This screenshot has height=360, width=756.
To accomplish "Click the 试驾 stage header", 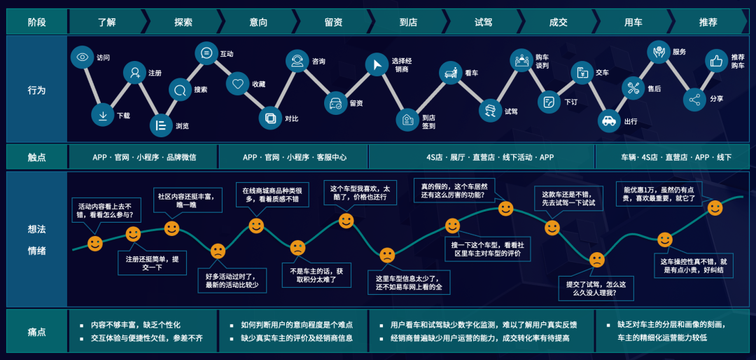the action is tap(484, 22).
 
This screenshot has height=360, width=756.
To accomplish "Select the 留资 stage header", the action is tap(333, 22).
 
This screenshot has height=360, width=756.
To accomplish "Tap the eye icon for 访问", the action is tap(83, 57).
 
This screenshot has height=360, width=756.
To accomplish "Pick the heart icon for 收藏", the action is tap(238, 83).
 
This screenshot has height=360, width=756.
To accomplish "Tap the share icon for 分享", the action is tap(695, 99).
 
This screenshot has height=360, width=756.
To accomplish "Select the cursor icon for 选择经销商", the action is tap(377, 64).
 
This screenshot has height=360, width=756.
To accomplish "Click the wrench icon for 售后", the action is tap(633, 88).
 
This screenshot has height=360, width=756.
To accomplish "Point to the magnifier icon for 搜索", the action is tap(181, 90).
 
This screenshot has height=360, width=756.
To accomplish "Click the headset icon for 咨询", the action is tap(297, 61).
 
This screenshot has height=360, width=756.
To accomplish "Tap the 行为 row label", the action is tap(36, 90).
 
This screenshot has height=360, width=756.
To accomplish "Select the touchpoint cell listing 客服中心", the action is tap(294, 158).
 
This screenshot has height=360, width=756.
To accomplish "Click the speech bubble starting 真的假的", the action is tap(454, 190).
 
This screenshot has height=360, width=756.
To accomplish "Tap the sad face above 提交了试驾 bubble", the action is tap(596, 260).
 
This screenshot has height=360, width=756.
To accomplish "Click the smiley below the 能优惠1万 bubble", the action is tap(715, 208).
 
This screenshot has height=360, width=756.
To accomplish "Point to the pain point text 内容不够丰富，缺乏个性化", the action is tap(135, 325).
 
